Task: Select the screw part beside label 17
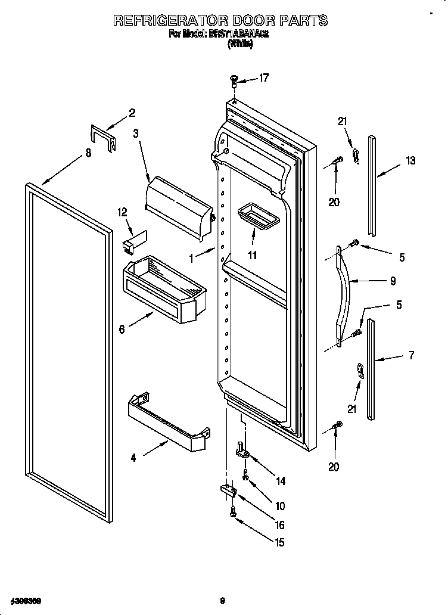coord(235,80)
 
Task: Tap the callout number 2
coord(132,113)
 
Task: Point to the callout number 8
coord(88,153)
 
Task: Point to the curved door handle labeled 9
coord(346,292)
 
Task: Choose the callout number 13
coord(411,160)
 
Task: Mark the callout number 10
coord(279,506)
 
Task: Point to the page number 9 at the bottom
coord(222,601)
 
